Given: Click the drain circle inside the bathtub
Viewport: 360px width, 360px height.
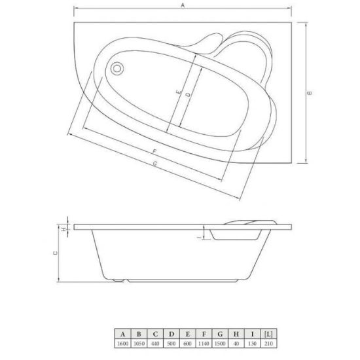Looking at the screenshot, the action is tap(117, 69).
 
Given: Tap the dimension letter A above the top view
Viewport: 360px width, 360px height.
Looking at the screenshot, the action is tap(183, 5).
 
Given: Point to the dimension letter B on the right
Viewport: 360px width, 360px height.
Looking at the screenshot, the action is tap(310, 93).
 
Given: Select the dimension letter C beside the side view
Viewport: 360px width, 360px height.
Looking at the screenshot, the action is tap(56, 253).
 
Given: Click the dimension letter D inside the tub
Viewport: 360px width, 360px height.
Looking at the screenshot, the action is tap(188, 94).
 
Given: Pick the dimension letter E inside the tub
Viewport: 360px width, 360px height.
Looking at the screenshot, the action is tap(179, 92).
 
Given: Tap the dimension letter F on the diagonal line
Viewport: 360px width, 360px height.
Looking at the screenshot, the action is tap(154, 151).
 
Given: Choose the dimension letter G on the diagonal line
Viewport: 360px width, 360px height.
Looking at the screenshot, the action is tap(155, 164).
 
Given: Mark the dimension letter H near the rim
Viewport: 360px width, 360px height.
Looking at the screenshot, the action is tap(64, 228).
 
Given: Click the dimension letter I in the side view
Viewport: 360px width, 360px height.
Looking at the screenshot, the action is tap(200, 237).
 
